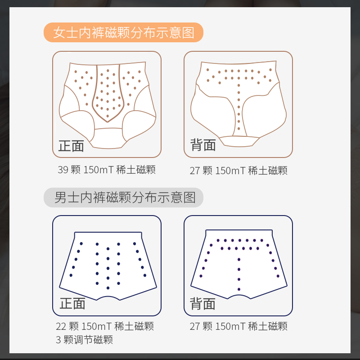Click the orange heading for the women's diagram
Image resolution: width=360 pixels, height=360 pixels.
click(x=123, y=32)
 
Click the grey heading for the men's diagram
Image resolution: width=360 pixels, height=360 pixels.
click(x=123, y=198)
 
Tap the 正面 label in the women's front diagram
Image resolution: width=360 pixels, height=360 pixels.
click(x=71, y=146)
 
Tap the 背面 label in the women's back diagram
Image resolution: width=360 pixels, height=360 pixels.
click(x=203, y=145)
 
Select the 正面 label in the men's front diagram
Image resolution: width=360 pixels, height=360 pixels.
click(x=72, y=303)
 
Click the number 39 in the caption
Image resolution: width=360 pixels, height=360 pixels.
click(x=63, y=170)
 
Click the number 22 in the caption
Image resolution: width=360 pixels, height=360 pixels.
click(x=61, y=326)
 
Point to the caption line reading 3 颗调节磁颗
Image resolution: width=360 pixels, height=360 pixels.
click(x=84, y=340)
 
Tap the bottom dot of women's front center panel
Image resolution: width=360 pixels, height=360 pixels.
click(x=108, y=116)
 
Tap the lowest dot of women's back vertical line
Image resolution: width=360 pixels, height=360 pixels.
click(x=239, y=129)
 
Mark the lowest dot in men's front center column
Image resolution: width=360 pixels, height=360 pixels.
click(x=108, y=288)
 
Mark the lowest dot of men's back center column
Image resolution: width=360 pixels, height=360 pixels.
click(x=239, y=289)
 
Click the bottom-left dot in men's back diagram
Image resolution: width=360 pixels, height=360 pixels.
click(x=201, y=276)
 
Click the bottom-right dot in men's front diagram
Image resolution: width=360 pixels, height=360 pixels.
click(x=145, y=275)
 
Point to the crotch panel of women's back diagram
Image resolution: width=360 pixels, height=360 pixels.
click(x=239, y=141)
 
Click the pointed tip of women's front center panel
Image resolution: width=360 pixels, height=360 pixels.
click(x=108, y=121)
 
